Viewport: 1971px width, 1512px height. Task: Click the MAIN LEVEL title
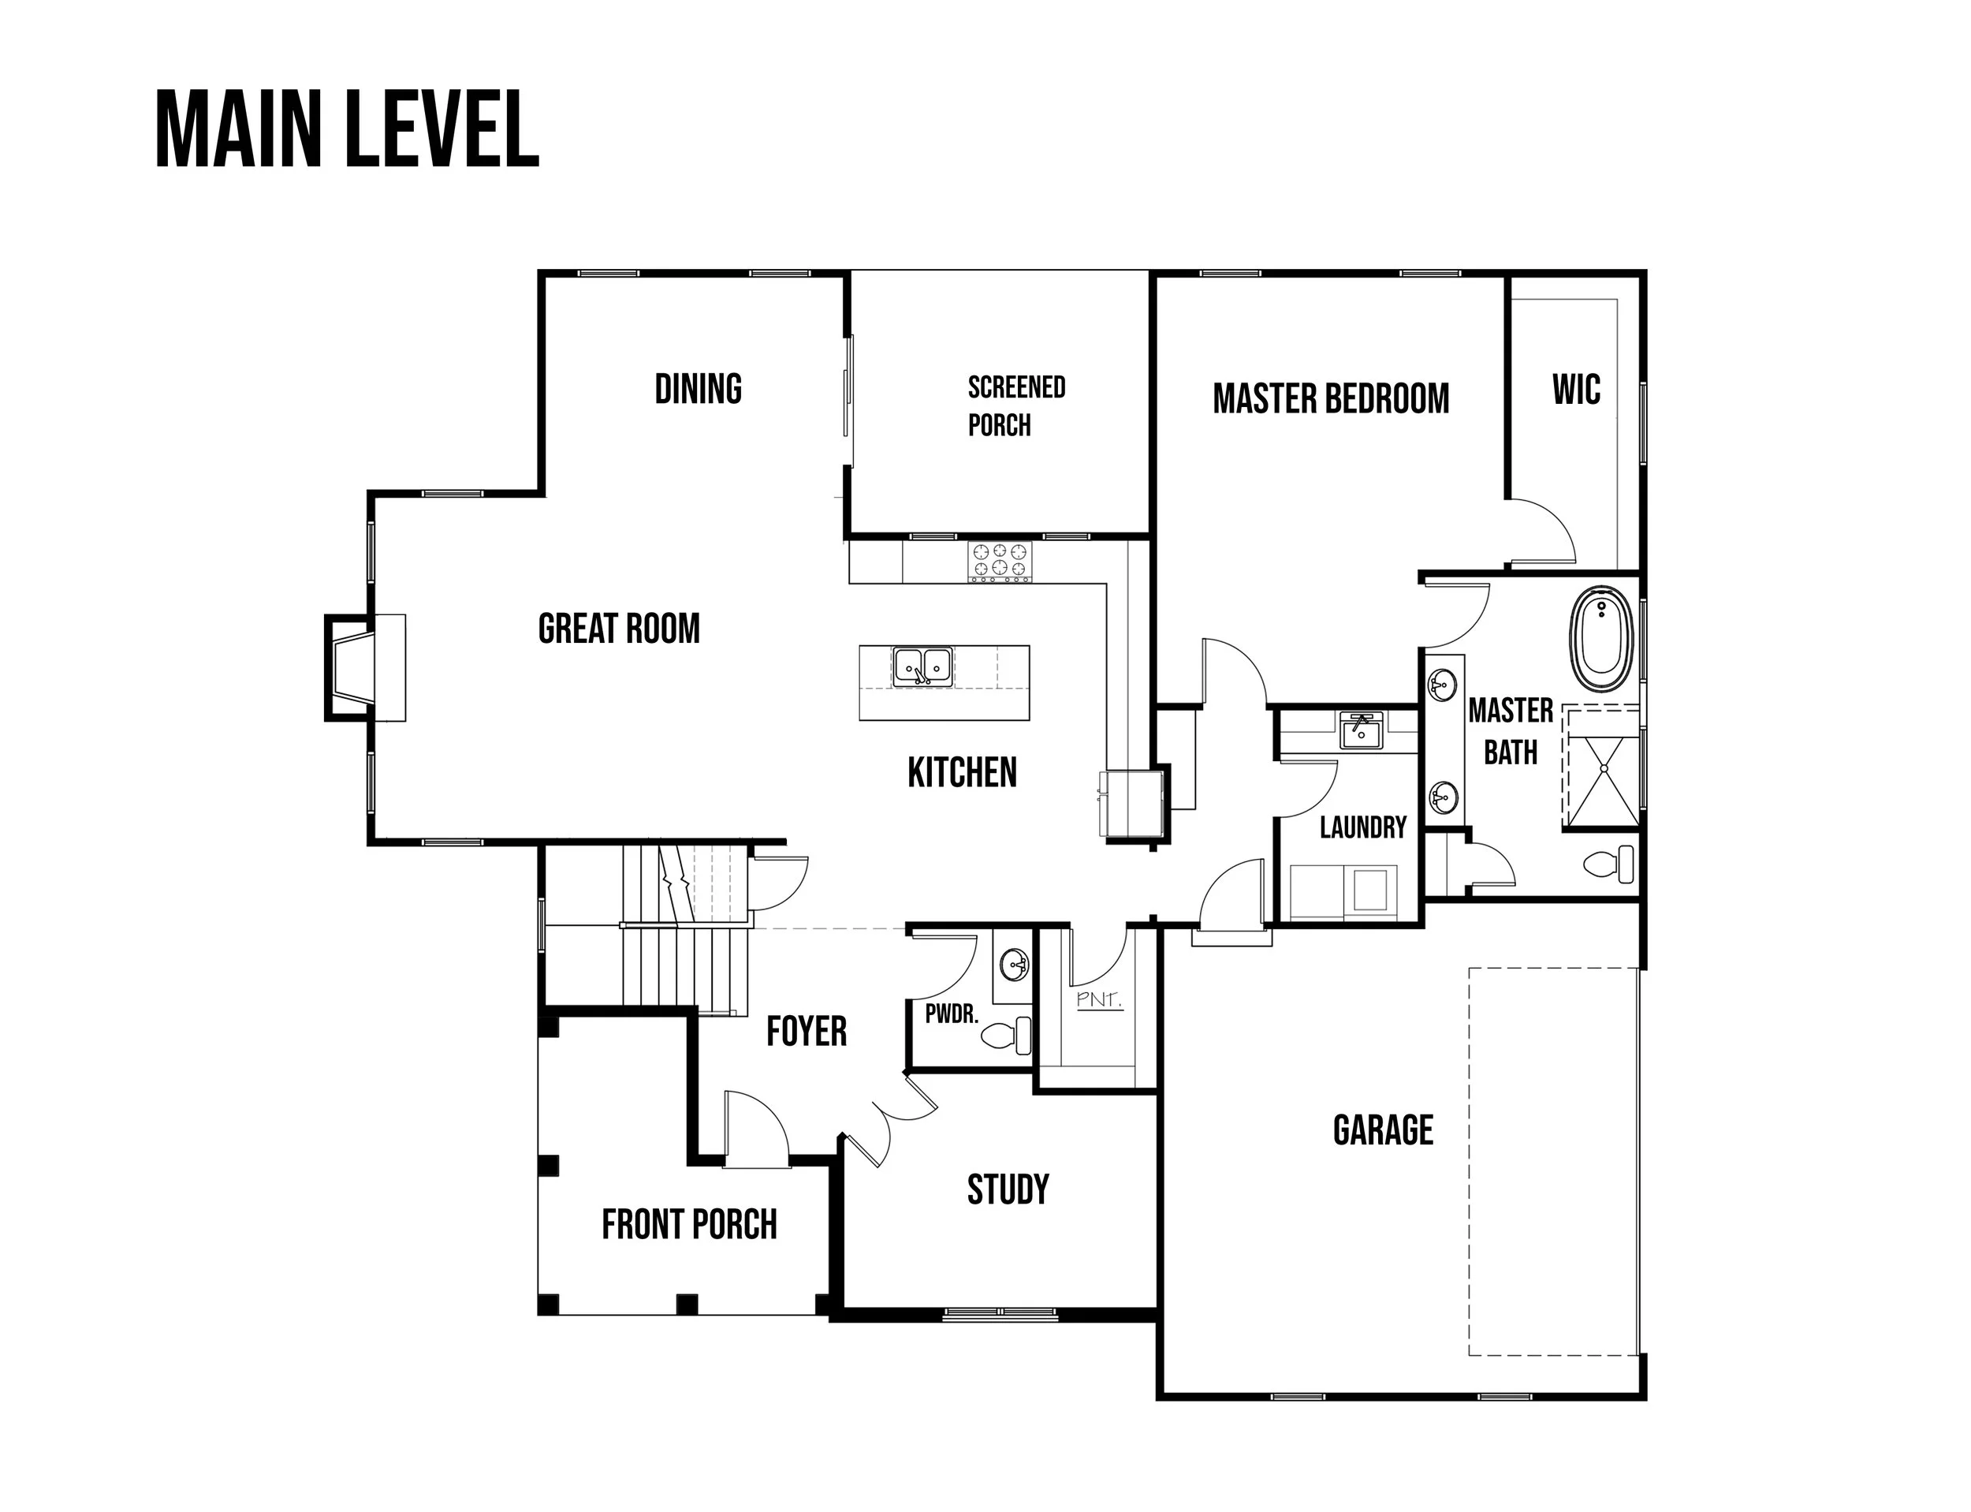(347, 129)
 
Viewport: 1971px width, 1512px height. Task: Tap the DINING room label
(698, 389)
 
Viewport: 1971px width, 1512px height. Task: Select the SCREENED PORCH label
(1016, 406)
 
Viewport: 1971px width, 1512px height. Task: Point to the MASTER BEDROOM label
(1331, 398)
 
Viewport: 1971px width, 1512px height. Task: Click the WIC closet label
(1576, 389)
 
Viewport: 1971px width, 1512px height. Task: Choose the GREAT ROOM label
(619, 628)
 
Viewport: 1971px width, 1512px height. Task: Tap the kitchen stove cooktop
(1000, 562)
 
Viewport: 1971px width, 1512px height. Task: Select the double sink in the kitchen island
(922, 667)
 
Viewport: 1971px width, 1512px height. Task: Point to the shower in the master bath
(1600, 767)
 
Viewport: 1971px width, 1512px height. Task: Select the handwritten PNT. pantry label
(1099, 999)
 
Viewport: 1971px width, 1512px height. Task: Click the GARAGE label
(1383, 1129)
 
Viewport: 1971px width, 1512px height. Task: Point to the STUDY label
(1008, 1189)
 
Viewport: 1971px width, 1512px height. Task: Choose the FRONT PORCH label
(689, 1224)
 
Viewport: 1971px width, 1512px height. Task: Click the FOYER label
(806, 1032)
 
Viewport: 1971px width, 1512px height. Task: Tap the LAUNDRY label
(1363, 827)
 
